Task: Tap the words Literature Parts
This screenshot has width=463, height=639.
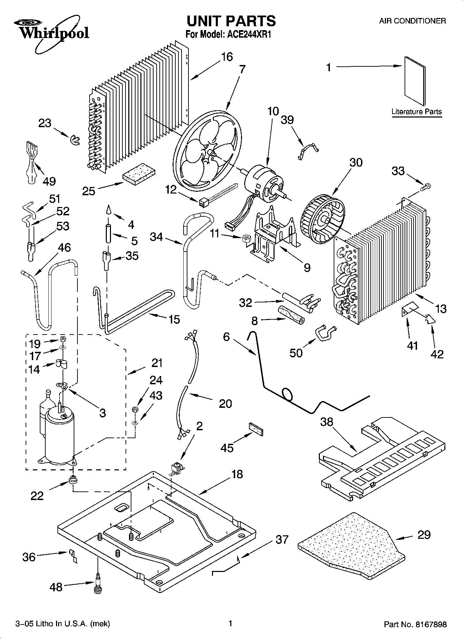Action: click(417, 112)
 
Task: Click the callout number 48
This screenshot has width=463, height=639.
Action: click(56, 586)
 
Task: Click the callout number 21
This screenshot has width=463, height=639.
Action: click(157, 363)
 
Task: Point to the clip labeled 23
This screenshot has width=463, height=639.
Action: click(74, 140)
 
